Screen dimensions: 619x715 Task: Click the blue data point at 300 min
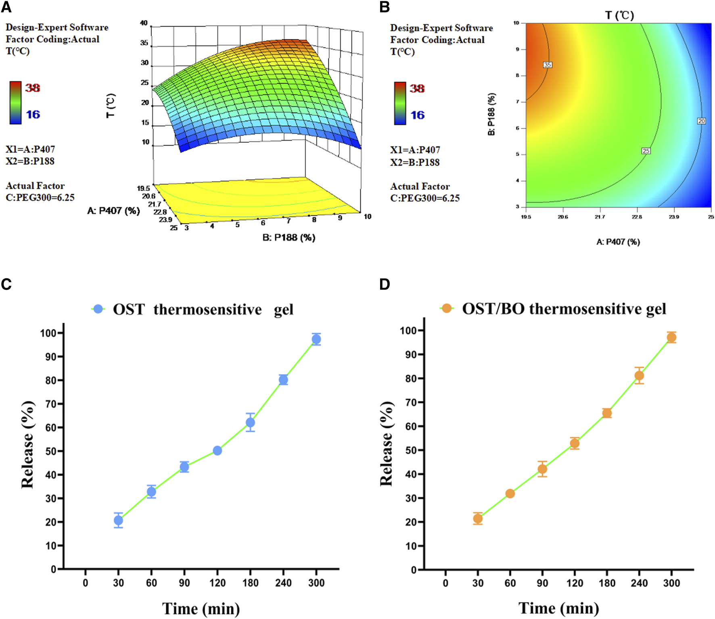pyautogui.click(x=316, y=339)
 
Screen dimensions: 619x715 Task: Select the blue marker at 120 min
pyautogui.click(x=217, y=450)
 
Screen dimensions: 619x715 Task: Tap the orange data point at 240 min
pyautogui.click(x=639, y=376)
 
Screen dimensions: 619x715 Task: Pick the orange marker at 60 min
pyautogui.click(x=510, y=494)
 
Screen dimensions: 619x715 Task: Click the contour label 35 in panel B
pyautogui.click(x=548, y=65)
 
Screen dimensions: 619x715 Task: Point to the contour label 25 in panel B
pyautogui.click(x=646, y=151)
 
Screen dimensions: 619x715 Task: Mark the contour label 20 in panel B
pyautogui.click(x=702, y=121)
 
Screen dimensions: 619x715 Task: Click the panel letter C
pyautogui.click(x=6, y=284)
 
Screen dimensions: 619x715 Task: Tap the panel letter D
pyautogui.click(x=385, y=284)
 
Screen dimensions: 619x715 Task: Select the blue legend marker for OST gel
pyautogui.click(x=98, y=309)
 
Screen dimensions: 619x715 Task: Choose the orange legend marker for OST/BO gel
pyautogui.click(x=447, y=309)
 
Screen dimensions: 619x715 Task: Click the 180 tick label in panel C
pyautogui.click(x=250, y=583)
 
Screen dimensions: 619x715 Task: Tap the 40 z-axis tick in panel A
pyautogui.click(x=144, y=23)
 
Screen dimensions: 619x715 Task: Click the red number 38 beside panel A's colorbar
pyautogui.click(x=33, y=88)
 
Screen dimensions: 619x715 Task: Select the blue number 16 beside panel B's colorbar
pyautogui.click(x=418, y=115)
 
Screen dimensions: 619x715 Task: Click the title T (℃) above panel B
pyautogui.click(x=619, y=15)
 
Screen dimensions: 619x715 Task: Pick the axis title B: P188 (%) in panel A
pyautogui.click(x=289, y=238)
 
